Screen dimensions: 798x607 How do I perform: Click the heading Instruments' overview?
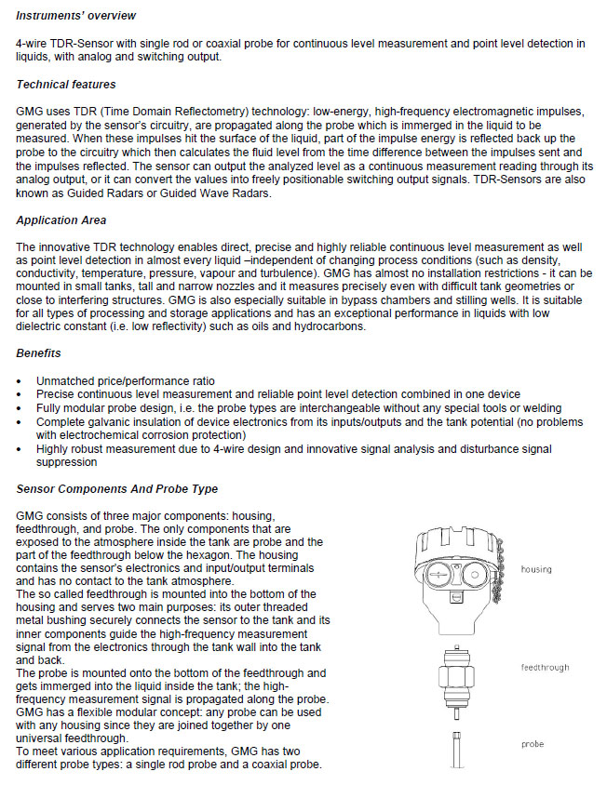coord(75,16)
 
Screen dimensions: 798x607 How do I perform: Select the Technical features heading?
coord(66,85)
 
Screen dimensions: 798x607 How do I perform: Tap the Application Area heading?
coord(61,220)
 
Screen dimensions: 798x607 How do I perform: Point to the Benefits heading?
coord(39,353)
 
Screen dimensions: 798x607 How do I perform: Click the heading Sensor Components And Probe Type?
coord(117,489)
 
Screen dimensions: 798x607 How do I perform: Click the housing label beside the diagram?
coord(536,569)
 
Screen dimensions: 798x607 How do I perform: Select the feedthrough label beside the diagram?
coord(545,668)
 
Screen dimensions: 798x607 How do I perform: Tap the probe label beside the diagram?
coord(533,744)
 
